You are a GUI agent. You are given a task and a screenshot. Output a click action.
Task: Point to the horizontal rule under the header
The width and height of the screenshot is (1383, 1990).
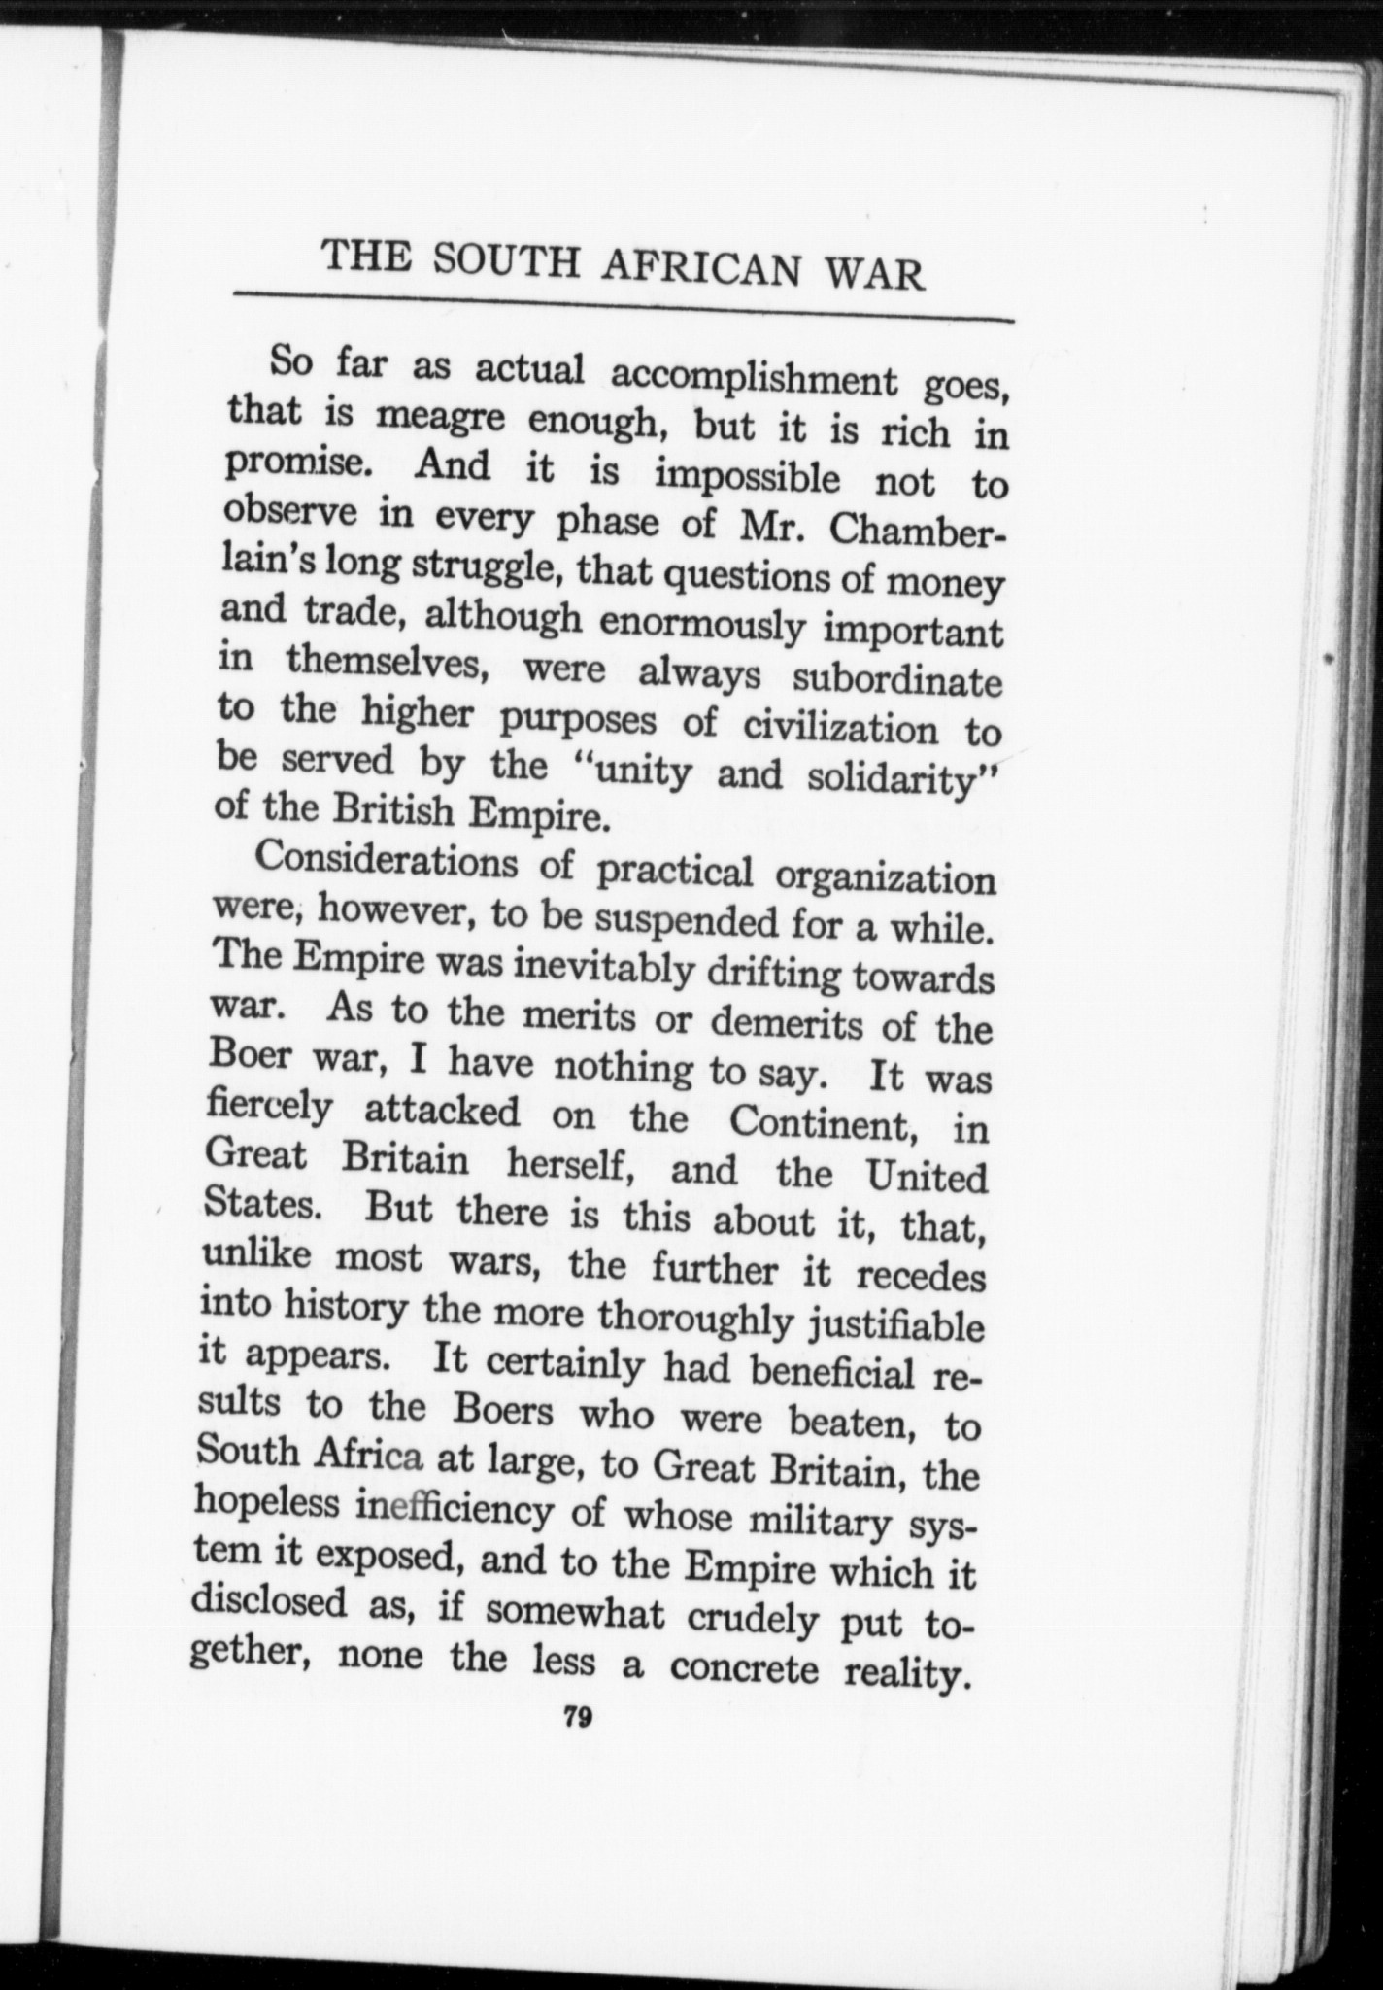pyautogui.click(x=622, y=305)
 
